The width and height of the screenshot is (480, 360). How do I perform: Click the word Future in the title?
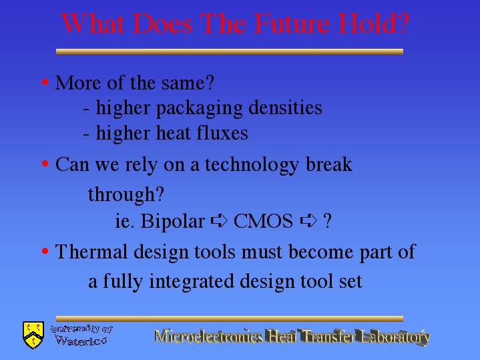pyautogui.click(x=292, y=23)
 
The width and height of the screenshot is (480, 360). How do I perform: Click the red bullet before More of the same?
pyautogui.click(x=45, y=82)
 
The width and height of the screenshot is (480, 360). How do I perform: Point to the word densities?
pyautogui.click(x=285, y=107)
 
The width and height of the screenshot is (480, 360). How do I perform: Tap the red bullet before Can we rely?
pyautogui.click(x=45, y=164)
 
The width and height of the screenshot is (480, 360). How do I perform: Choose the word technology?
pyautogui.click(x=252, y=166)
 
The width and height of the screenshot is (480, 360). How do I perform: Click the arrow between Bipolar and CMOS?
pyautogui.click(x=219, y=220)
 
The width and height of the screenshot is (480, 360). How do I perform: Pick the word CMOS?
pyautogui.click(x=263, y=221)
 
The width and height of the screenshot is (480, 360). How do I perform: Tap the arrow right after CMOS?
pyautogui.click(x=308, y=221)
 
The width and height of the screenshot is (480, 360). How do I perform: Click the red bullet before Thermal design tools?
pyautogui.click(x=45, y=251)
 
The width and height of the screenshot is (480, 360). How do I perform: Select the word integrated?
pyautogui.click(x=192, y=283)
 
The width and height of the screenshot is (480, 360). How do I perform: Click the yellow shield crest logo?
pyautogui.click(x=33, y=335)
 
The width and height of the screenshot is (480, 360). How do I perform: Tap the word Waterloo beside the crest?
pyautogui.click(x=81, y=341)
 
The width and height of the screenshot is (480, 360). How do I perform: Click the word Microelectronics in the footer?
pyautogui.click(x=208, y=336)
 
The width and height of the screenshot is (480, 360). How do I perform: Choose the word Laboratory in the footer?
pyautogui.click(x=395, y=337)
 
